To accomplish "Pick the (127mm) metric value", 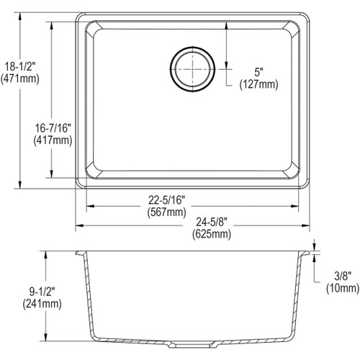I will coord(257,84).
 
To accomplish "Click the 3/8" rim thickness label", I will coord(338,276).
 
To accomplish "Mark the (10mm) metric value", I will coord(338,288).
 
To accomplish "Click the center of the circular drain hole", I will coord(192,69).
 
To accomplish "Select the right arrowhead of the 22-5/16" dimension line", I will coord(297,206).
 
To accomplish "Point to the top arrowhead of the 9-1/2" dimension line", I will coord(47,254).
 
